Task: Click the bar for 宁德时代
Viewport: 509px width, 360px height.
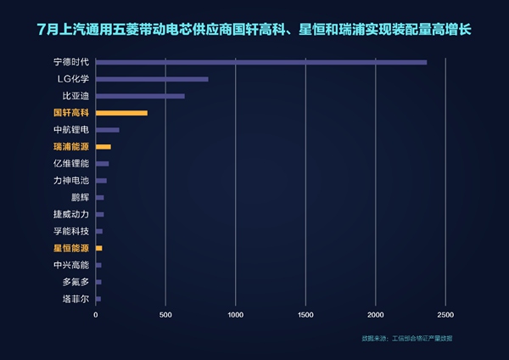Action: (261, 62)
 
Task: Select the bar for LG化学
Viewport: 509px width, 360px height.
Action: (152, 79)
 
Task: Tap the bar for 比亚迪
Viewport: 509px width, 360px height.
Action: (140, 96)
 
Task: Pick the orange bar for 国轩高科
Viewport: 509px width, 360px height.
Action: (121, 113)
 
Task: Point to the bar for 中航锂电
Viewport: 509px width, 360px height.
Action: (108, 130)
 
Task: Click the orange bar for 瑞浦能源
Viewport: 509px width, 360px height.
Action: (103, 147)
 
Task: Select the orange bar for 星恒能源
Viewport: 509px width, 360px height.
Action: (99, 248)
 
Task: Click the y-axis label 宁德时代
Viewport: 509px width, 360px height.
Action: (70, 62)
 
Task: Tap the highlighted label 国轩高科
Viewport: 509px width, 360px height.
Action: (70, 113)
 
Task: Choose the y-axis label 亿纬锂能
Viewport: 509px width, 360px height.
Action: (70, 163)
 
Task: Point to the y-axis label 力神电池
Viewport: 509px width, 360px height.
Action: (70, 180)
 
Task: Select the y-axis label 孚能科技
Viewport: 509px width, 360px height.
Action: (70, 231)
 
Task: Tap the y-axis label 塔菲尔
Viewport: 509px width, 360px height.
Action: (75, 299)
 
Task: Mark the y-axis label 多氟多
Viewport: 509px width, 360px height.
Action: (75, 282)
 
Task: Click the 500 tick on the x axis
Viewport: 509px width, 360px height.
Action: (166, 314)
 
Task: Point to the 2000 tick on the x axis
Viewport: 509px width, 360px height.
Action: (376, 314)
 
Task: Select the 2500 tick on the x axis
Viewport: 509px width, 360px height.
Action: (446, 314)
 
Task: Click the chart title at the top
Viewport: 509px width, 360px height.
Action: (255, 30)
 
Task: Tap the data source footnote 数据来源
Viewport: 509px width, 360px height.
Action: (406, 339)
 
